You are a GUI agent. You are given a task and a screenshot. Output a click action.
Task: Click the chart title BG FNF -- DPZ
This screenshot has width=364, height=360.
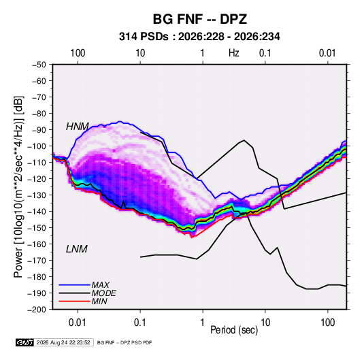(x=200, y=19)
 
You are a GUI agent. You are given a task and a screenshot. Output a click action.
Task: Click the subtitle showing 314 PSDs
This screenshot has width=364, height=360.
(x=199, y=37)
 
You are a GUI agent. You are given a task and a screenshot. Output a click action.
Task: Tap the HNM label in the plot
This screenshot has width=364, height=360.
(x=78, y=127)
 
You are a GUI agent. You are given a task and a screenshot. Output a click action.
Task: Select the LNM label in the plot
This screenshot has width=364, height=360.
(x=77, y=249)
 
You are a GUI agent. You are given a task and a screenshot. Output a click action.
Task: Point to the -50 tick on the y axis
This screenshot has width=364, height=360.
(x=39, y=65)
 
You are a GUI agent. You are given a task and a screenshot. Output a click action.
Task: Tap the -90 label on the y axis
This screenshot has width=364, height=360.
(x=39, y=129)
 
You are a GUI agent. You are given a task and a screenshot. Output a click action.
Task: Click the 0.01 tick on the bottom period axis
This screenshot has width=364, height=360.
(x=78, y=323)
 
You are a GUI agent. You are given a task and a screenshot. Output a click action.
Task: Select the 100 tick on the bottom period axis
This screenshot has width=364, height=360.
(x=327, y=323)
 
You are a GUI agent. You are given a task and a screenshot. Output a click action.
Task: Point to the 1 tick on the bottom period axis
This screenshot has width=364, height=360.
(x=203, y=323)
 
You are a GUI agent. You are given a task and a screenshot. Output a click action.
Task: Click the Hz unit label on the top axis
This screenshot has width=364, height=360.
(x=234, y=53)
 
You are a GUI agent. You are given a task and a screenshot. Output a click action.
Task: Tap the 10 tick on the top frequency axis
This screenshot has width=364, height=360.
(x=140, y=53)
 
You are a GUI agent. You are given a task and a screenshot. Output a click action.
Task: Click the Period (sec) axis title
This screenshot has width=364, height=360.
(x=234, y=330)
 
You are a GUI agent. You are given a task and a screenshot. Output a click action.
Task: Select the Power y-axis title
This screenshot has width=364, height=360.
(x=18, y=186)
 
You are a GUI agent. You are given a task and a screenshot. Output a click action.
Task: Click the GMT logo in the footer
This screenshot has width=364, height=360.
(x=25, y=342)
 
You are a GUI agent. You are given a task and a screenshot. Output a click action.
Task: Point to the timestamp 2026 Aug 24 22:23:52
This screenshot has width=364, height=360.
(x=63, y=342)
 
